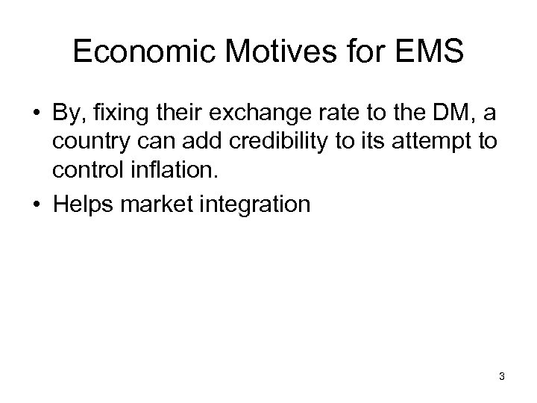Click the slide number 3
click(x=502, y=377)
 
